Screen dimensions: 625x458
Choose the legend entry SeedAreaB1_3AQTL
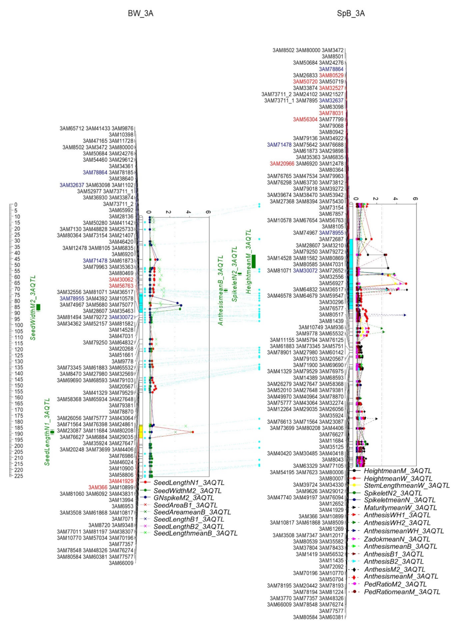tap(185, 505)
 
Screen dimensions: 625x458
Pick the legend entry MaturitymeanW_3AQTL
tap(400, 508)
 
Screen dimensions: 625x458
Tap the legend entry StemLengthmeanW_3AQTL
tap(406, 486)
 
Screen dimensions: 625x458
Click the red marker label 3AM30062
tap(121, 279)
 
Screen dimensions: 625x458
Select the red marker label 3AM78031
tap(331, 113)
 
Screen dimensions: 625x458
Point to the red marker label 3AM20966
tap(282, 164)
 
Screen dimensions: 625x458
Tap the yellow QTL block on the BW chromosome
tap(140, 432)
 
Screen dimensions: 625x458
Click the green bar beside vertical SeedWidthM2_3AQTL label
tap(38, 307)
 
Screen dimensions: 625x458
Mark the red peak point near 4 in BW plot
tap(192, 432)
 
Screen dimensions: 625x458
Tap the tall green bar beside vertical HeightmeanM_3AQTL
tap(253, 261)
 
